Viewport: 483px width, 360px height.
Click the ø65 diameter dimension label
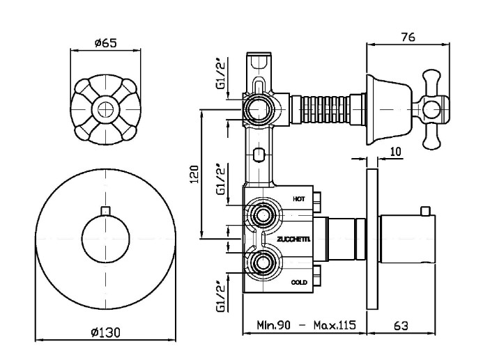pos(106,42)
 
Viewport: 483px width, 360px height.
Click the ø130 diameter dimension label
pos(106,332)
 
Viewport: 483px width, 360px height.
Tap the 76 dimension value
pos(408,37)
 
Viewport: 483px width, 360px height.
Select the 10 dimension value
pos(396,151)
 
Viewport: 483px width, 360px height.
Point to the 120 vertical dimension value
pos(194,174)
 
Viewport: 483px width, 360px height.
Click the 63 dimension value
pos(401,326)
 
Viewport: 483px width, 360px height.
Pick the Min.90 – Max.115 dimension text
pos(306,325)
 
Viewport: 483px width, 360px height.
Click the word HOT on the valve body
pos(299,199)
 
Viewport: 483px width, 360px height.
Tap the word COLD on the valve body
pos(299,282)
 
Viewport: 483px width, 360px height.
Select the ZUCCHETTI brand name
pos(293,240)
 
